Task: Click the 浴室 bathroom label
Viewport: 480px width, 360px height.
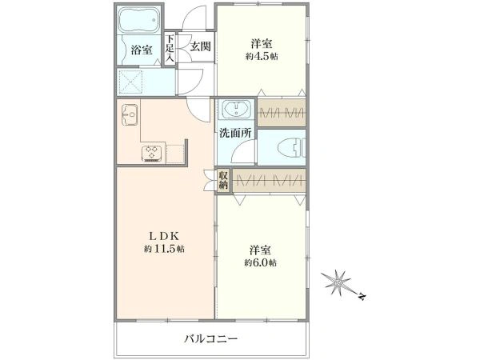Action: pyautogui.click(x=142, y=50)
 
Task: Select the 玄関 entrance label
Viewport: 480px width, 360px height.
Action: pyautogui.click(x=200, y=46)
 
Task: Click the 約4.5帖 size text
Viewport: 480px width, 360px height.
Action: pyautogui.click(x=263, y=57)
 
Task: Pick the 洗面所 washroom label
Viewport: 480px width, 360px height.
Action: pyautogui.click(x=237, y=134)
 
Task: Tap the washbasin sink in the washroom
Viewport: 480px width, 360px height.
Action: pyautogui.click(x=236, y=110)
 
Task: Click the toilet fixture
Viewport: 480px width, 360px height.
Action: pyautogui.click(x=284, y=146)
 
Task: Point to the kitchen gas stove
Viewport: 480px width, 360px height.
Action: pyautogui.click(x=152, y=152)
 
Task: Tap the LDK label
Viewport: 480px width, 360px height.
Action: pyautogui.click(x=165, y=235)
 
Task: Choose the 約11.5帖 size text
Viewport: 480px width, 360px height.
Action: pyautogui.click(x=165, y=250)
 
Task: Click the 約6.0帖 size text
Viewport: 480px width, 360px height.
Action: pyautogui.click(x=262, y=262)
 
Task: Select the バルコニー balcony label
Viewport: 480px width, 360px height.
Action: pyautogui.click(x=210, y=338)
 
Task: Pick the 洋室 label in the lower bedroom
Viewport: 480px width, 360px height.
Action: pyautogui.click(x=262, y=248)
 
